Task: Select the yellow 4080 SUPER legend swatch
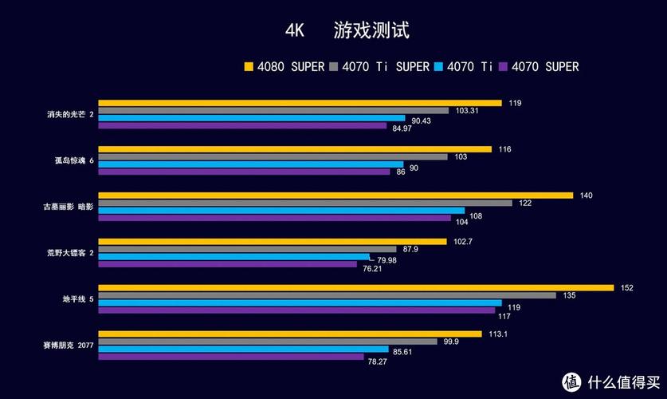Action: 249,67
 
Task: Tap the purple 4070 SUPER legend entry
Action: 538,67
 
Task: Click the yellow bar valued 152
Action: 355,288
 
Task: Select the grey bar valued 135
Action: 327,295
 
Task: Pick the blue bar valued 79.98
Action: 233,257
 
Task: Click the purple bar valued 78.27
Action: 230,357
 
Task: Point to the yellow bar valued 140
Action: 335,196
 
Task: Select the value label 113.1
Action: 497,334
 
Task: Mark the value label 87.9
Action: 410,249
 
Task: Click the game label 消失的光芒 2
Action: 70,114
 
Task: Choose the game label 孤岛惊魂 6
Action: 70,160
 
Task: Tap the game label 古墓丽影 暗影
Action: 68,207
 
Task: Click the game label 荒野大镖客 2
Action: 70,253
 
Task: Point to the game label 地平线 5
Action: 78,299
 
